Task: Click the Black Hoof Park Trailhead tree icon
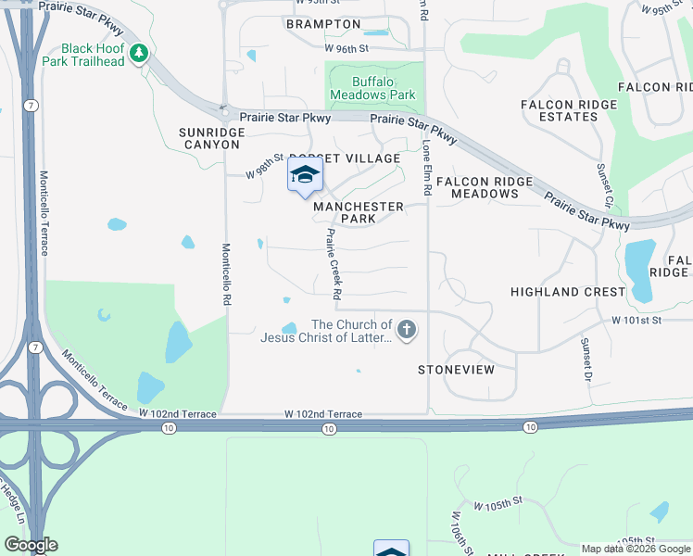point(139,54)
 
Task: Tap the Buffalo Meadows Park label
point(374,88)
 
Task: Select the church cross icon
point(406,329)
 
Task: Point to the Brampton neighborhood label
point(323,24)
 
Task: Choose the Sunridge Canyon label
point(212,138)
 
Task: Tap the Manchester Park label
point(358,212)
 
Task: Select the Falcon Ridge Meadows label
point(485,187)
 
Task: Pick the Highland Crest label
point(568,292)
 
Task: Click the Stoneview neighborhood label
point(456,369)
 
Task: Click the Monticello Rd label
point(225,274)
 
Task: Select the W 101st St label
point(638,320)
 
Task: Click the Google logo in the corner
point(31,545)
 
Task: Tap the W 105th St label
point(498,506)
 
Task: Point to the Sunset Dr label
point(586,360)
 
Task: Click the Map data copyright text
point(636,549)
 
